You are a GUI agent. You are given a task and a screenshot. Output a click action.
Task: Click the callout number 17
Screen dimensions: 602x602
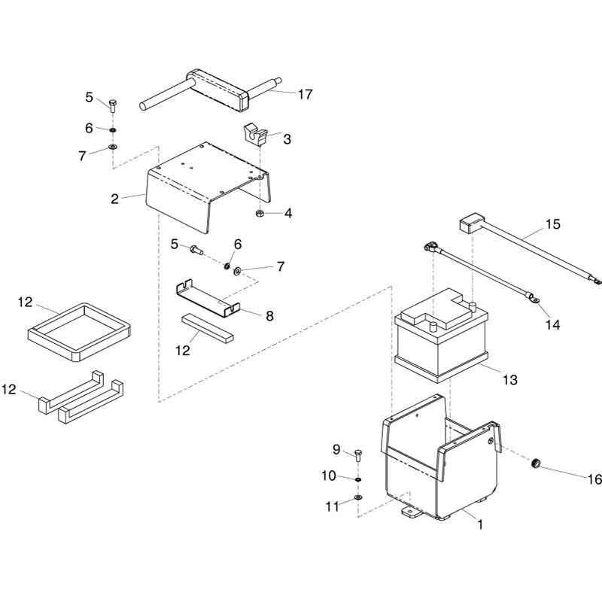tap(306, 95)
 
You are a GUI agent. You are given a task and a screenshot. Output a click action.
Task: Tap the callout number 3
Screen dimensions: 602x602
tap(287, 139)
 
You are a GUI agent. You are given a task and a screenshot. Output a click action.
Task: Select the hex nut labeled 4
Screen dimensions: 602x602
tap(260, 214)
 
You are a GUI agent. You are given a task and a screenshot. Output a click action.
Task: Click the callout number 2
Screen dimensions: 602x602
tap(114, 199)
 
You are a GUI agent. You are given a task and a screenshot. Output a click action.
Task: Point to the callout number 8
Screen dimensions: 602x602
tap(270, 316)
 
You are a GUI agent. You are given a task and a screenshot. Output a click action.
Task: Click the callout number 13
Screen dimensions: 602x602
tap(510, 380)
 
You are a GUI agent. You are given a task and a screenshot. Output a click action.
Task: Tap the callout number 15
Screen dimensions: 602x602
tap(553, 224)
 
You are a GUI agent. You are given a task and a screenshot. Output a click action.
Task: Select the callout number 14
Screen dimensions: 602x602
tap(553, 325)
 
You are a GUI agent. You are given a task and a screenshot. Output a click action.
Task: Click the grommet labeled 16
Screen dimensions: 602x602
tap(536, 464)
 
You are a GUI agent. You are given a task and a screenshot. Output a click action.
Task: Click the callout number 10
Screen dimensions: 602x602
tap(329, 476)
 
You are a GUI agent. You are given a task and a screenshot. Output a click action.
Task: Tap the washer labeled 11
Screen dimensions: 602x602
tap(358, 497)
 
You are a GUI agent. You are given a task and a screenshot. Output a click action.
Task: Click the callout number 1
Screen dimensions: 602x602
tap(480, 524)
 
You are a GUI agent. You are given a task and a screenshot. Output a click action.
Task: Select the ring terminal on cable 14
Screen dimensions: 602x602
tap(534, 297)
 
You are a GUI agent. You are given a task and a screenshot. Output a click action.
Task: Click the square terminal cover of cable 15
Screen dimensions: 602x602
tap(472, 224)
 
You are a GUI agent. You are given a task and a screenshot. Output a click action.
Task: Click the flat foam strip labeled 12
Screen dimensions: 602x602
tap(208, 328)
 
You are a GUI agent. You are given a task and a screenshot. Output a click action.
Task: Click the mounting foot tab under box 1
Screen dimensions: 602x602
tap(412, 512)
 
